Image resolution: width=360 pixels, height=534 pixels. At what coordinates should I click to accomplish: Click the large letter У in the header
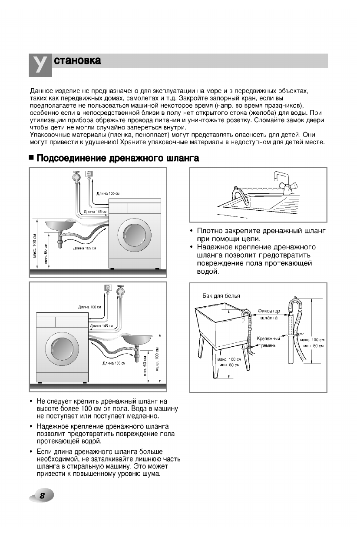coord(40,65)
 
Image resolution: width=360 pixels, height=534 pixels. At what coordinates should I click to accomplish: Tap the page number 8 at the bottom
coord(42,496)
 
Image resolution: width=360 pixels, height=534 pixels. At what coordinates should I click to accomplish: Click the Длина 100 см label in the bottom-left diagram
coord(90,307)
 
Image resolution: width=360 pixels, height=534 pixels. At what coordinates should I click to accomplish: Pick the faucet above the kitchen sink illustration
coord(283,182)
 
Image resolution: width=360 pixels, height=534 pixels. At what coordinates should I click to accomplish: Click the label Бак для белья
coord(221,295)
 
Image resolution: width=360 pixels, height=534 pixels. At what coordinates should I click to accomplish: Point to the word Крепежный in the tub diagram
coord(268,338)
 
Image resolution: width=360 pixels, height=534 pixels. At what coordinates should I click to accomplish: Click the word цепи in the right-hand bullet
coord(250,239)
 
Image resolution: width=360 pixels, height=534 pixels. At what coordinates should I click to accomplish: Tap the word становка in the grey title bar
coord(77,61)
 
